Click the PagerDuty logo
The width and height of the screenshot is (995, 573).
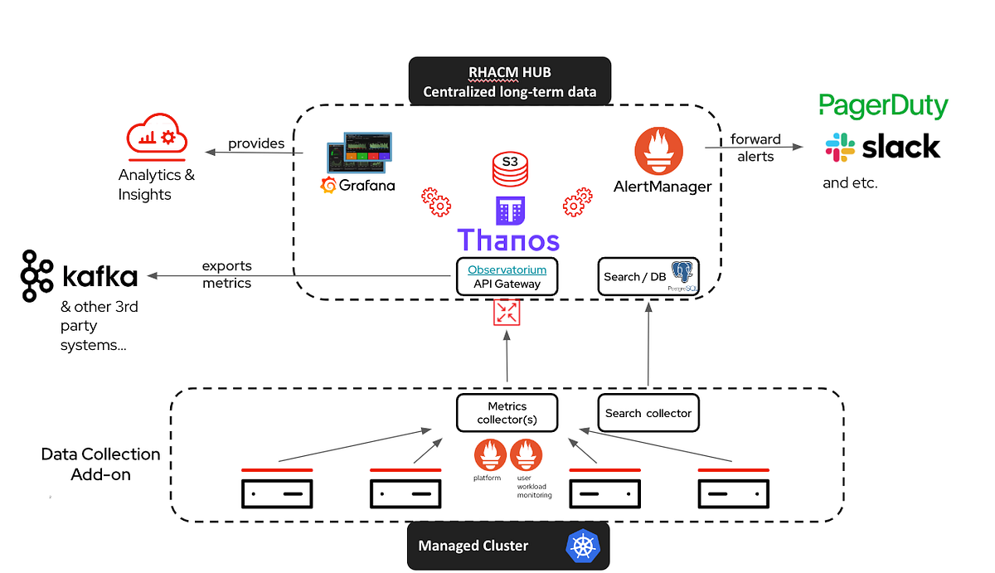(883, 106)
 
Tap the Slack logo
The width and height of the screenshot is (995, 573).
(883, 148)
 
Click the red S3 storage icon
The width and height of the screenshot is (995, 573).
(509, 168)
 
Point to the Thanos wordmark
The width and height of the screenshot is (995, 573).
(508, 240)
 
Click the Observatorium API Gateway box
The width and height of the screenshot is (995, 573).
(506, 276)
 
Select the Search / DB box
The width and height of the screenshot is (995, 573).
(648, 276)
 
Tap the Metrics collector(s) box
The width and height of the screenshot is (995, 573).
(507, 412)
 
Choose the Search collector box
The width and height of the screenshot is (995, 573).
(648, 412)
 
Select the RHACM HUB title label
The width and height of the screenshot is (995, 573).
(509, 81)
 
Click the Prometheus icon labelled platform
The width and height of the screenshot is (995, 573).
(490, 454)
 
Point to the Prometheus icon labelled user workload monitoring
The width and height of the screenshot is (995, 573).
(526, 454)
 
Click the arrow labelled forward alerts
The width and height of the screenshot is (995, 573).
(755, 148)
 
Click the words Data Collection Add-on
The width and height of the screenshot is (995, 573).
(100, 464)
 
